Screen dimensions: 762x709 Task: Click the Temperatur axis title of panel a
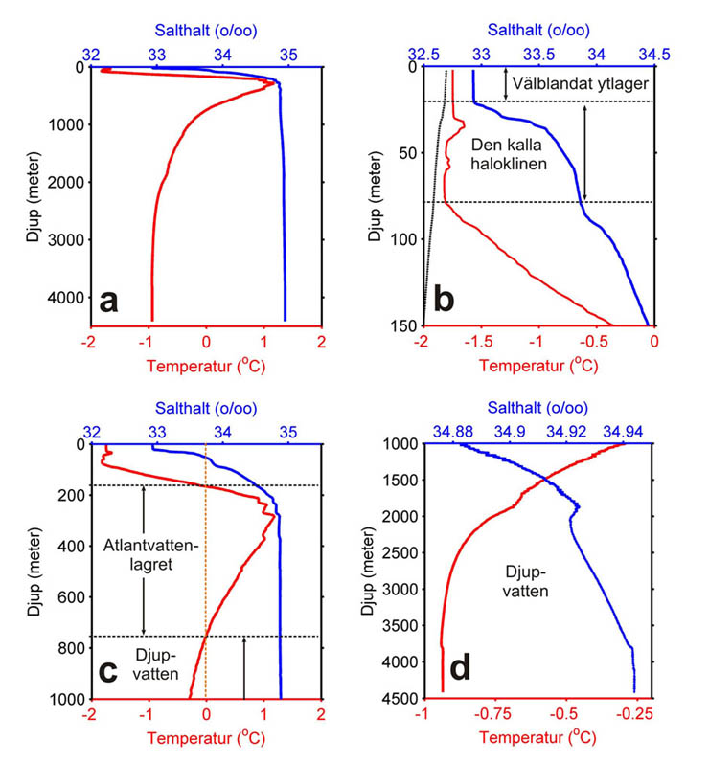[205, 365]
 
